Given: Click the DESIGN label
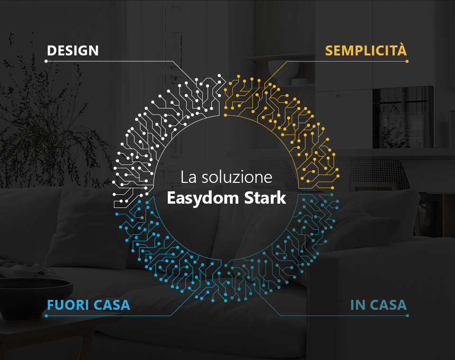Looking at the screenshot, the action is (x=73, y=51).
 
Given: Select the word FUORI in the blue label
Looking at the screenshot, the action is (x=68, y=305).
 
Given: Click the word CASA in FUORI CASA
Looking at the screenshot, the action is (x=112, y=305).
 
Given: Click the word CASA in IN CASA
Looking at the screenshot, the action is (x=388, y=305).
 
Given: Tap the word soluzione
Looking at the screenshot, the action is (x=237, y=177).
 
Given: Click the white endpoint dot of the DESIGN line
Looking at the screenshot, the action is (x=46, y=61).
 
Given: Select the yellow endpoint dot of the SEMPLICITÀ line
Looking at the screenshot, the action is (x=407, y=61).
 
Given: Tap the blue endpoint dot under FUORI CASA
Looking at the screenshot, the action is (x=46, y=315).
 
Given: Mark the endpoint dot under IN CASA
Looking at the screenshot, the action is (x=408, y=315).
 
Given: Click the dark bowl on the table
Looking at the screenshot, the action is (x=35, y=296).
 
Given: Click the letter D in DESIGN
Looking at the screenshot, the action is (x=51, y=51).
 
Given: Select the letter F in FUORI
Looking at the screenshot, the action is (x=51, y=305).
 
